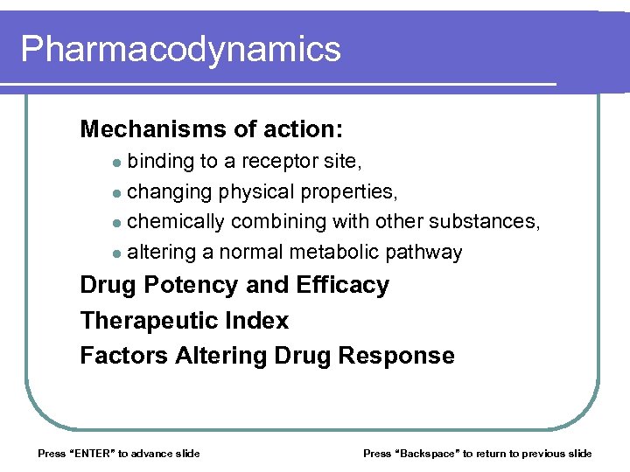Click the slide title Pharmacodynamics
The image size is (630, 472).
point(180,49)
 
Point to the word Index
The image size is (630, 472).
point(258,321)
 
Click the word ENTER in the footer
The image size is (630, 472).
point(91,453)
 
